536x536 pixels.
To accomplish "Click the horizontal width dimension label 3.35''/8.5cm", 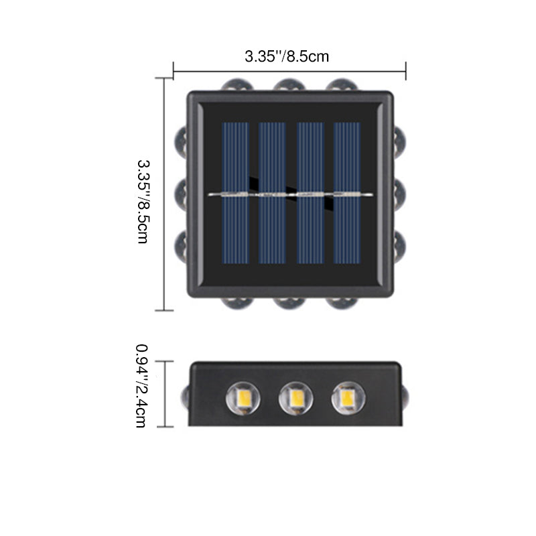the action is click(x=287, y=56).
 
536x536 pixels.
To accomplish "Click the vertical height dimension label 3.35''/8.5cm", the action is click(x=143, y=202).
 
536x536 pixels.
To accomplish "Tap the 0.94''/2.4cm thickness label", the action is click(x=142, y=386).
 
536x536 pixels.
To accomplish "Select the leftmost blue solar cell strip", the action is click(x=236, y=193).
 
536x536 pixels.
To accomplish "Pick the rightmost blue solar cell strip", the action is click(x=347, y=193).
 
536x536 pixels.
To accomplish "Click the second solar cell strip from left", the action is click(x=272, y=193).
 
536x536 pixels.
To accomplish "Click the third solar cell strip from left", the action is click(x=310, y=193).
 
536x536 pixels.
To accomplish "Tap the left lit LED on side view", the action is click(x=243, y=398).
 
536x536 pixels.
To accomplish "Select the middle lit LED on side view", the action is click(x=295, y=398).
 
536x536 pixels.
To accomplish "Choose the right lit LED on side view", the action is click(x=348, y=398).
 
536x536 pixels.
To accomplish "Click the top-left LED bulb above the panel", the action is click(x=237, y=85).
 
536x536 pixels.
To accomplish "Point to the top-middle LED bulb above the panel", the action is click(x=289, y=85).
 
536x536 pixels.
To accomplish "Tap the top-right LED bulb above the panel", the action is click(x=342, y=85).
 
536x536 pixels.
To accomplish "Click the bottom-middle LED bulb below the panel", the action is click(x=289, y=304).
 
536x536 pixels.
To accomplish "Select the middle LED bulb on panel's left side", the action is click(x=180, y=195).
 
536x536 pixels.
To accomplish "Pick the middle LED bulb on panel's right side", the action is click(x=399, y=195).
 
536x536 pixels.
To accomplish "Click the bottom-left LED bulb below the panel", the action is click(x=237, y=304).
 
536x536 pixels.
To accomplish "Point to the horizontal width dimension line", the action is click(x=289, y=72).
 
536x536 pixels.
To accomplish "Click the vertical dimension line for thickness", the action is click(x=165, y=394).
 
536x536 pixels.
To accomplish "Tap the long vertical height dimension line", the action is click(x=164, y=194).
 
